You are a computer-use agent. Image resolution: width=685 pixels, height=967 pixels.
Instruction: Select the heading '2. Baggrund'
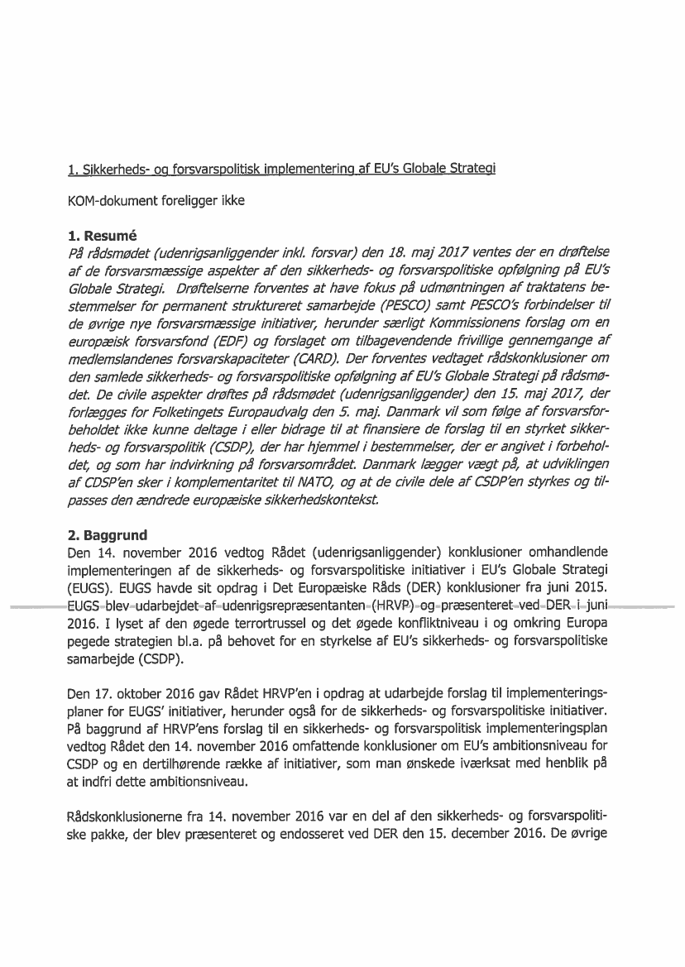tap(104, 535)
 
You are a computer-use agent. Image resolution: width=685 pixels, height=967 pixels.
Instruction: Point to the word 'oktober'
tap(129, 710)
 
